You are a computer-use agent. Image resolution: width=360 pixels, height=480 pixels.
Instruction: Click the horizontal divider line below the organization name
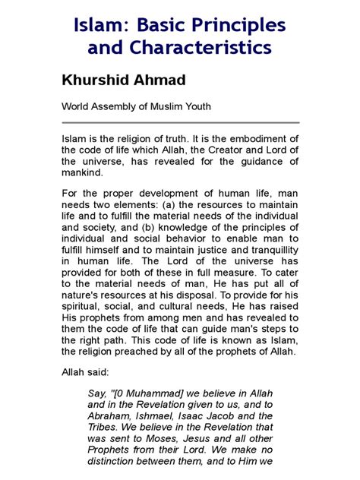[180, 122]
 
